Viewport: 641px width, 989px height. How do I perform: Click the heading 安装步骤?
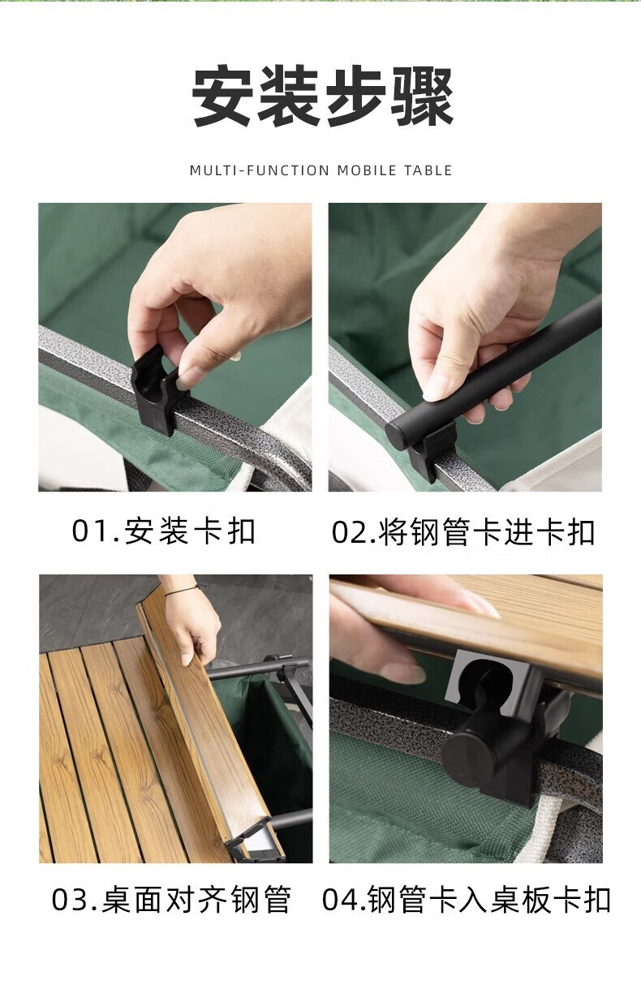tap(323, 96)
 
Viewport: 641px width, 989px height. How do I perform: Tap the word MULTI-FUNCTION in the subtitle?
tap(260, 170)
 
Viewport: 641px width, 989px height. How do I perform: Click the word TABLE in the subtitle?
tap(428, 170)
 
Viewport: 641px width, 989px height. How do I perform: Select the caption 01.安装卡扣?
tap(164, 531)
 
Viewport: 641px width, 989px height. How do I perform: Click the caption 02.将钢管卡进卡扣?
tap(463, 532)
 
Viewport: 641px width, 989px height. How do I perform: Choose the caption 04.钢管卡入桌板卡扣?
tap(467, 900)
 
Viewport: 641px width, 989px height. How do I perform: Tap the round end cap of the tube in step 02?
tap(398, 435)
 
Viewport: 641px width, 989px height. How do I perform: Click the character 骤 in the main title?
tap(422, 97)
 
